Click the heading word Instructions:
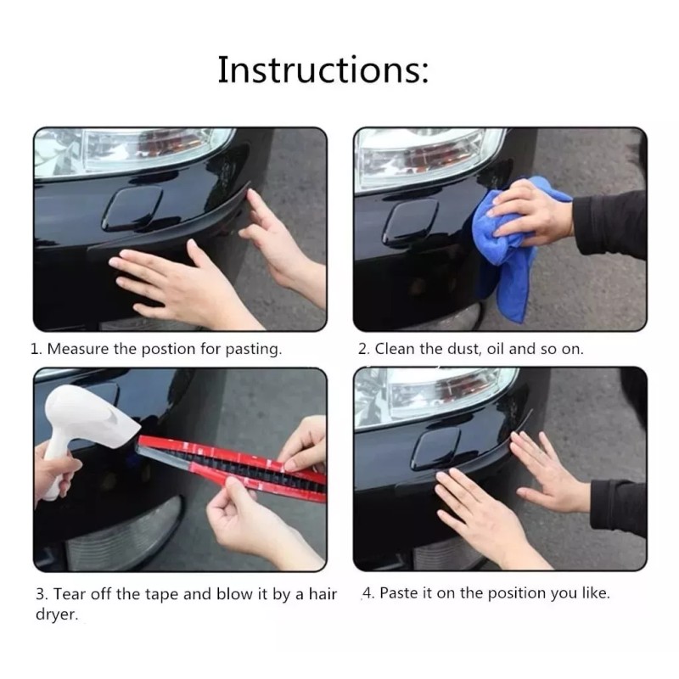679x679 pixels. point(323,70)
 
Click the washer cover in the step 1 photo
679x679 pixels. point(134,208)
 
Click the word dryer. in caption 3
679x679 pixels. point(56,615)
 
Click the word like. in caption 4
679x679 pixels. point(595,593)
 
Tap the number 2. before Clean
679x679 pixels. point(363,349)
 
